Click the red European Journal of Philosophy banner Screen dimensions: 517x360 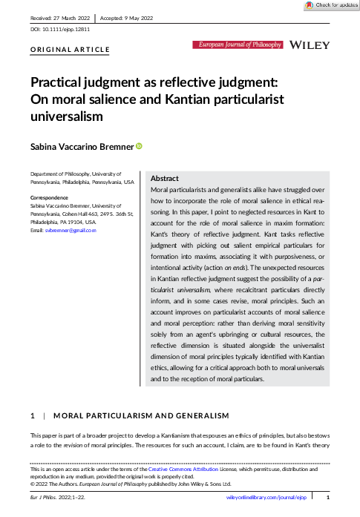click(239, 45)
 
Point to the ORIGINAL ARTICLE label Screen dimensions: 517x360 click(70, 50)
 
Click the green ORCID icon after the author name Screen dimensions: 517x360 click(138, 147)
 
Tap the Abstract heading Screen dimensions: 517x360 click(164, 180)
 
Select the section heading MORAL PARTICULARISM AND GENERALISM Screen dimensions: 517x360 click(142, 415)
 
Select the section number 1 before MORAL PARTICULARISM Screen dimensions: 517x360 click(32, 415)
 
